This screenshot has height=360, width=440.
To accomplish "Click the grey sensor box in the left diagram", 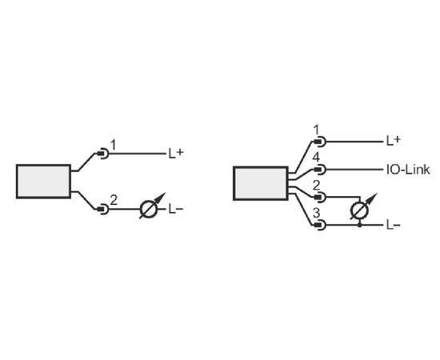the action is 43,182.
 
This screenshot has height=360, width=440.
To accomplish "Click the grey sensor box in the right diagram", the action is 261,183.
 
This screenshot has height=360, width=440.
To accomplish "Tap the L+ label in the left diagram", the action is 176,154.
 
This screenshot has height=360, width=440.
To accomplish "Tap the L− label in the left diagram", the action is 176,209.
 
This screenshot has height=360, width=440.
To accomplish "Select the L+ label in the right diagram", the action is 394,141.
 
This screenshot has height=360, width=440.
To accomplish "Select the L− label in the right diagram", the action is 394,225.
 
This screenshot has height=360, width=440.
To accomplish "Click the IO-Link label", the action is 408,170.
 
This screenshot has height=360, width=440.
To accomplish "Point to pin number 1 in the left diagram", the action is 113,146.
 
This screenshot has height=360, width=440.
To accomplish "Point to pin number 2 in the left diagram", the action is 114,200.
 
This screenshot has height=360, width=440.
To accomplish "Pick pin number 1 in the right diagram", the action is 316,130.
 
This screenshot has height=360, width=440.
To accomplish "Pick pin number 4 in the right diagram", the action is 316,158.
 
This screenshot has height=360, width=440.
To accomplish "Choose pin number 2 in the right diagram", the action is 316,186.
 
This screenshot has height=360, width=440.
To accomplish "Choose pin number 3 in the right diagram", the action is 316,214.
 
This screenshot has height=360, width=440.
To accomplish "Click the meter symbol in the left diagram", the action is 149,209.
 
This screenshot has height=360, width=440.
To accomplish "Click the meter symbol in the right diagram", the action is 360,210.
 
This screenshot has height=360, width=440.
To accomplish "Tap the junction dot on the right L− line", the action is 360,225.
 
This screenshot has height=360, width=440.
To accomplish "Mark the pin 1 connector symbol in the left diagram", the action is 103,154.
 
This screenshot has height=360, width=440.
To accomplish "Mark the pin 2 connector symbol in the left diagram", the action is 103,209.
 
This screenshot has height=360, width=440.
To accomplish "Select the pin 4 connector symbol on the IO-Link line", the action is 320,170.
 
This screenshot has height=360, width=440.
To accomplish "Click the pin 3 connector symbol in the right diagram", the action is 320,225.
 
